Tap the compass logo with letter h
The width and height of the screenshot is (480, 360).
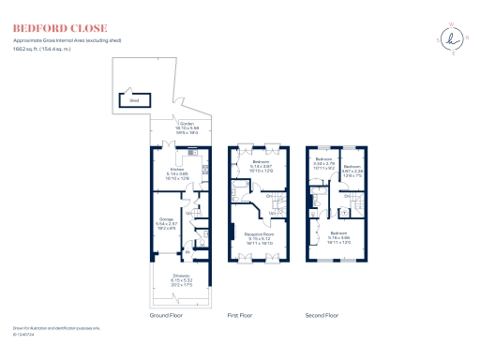[x=454, y=38]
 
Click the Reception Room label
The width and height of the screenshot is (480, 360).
[x=258, y=237]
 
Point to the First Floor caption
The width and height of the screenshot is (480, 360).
[x=241, y=316]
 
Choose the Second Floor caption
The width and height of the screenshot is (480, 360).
[x=321, y=316]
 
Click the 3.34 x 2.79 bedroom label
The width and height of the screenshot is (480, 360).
[x=323, y=163]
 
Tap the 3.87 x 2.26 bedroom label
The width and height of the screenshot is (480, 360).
[x=352, y=172]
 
